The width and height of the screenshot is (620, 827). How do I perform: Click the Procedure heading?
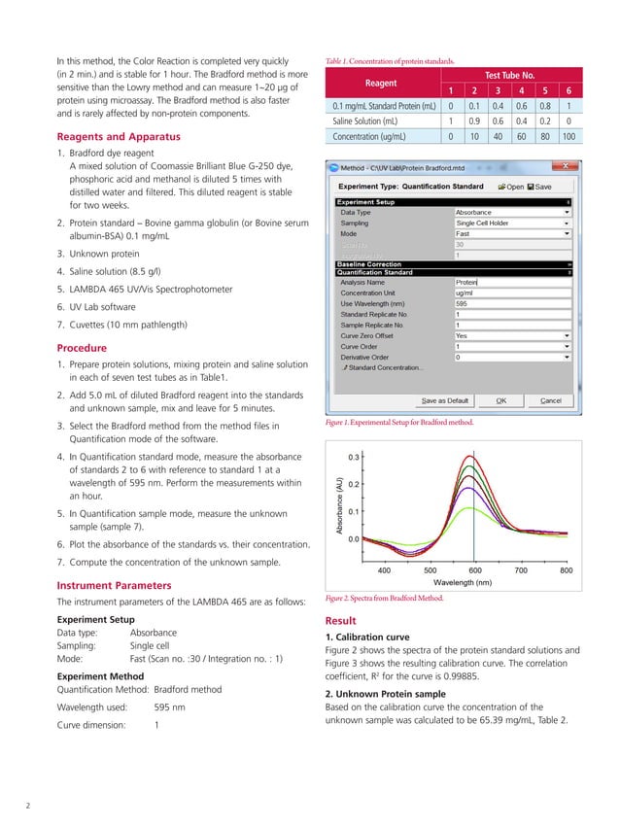click(83, 348)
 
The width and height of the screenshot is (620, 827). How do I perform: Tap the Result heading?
click(342, 620)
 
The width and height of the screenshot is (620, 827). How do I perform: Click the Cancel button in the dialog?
click(550, 400)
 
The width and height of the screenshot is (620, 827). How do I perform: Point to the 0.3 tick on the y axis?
click(355, 456)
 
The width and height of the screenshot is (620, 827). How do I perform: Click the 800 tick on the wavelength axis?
click(567, 571)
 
